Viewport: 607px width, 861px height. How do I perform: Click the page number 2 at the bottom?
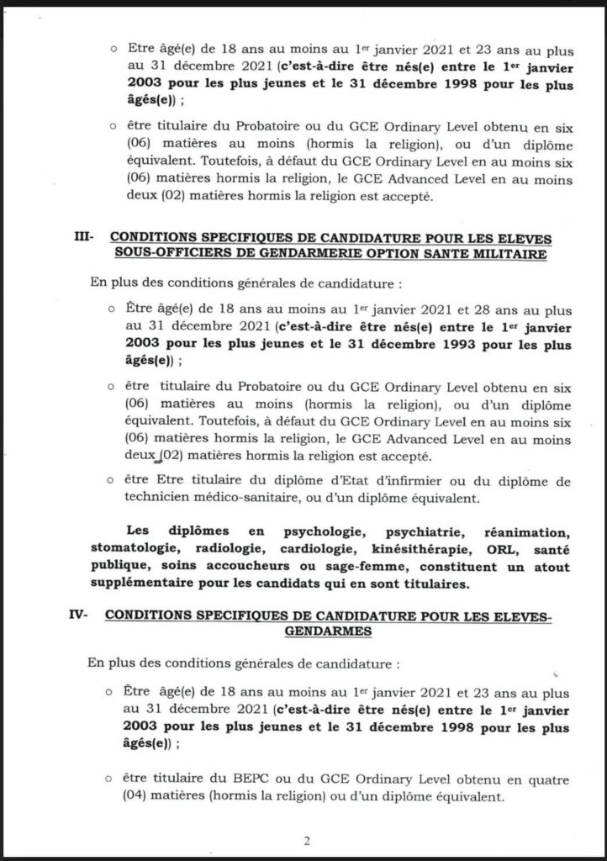(x=307, y=839)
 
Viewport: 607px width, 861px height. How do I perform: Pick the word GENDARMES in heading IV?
(x=329, y=632)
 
